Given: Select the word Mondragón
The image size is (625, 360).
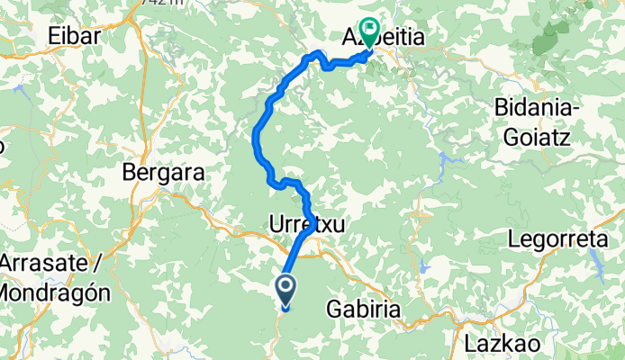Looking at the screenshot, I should click(x=55, y=292).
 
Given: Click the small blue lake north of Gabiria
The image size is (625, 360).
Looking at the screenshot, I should click(x=416, y=215).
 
